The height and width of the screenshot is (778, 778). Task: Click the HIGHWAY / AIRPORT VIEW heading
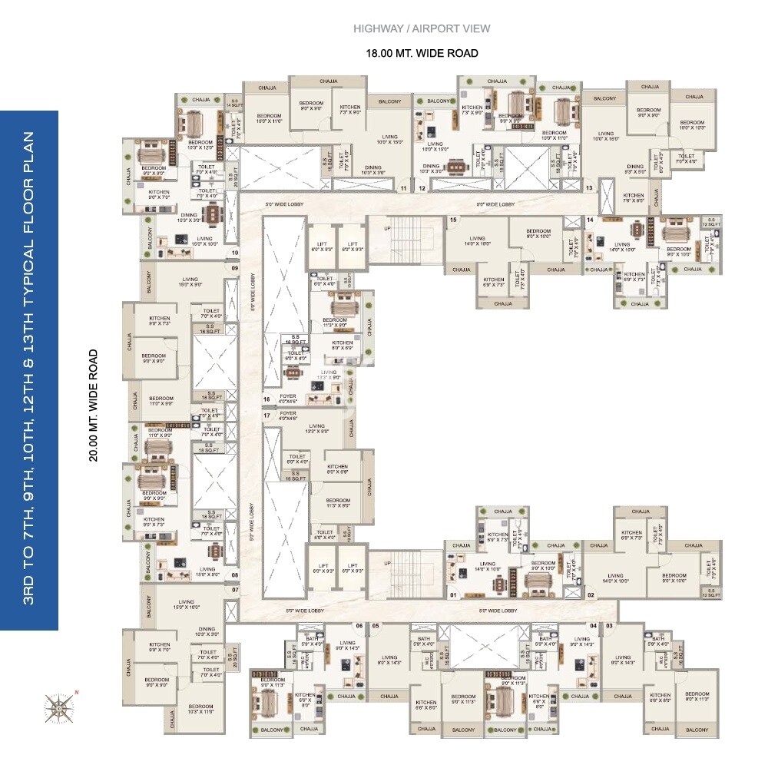(422, 29)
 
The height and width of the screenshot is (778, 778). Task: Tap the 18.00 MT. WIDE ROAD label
(422, 53)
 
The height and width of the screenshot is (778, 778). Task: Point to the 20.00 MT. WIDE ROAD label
(94, 405)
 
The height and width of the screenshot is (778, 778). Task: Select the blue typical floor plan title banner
(29, 370)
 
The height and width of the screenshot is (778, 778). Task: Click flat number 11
(404, 187)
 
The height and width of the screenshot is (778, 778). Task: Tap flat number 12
(422, 187)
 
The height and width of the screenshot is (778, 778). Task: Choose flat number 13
(589, 187)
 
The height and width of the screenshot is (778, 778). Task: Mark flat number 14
(590, 220)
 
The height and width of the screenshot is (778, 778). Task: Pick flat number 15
(453, 220)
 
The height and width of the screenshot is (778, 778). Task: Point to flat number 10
(234, 252)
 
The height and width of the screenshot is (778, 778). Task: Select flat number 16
(267, 399)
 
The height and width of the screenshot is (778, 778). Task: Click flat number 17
(267, 415)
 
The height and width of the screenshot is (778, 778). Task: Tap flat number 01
(453, 594)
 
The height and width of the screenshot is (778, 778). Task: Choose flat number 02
(591, 594)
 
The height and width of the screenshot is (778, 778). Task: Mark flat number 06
(358, 626)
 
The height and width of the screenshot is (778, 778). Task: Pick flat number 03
(609, 626)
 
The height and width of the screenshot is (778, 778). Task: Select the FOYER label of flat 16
(288, 396)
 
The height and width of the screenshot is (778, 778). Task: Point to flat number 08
(234, 574)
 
